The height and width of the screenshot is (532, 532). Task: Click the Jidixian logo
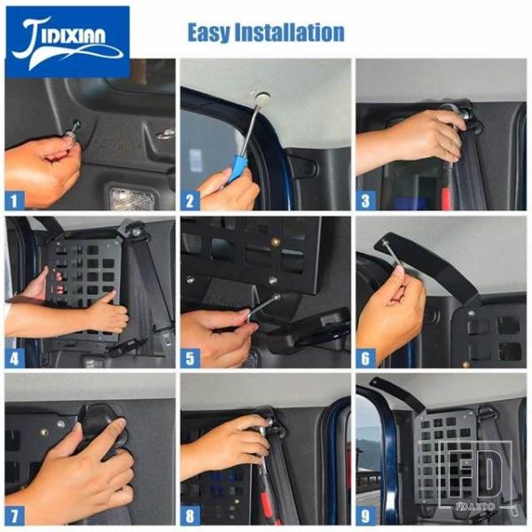(x=67, y=42)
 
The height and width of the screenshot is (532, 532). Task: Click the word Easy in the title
(x=208, y=33)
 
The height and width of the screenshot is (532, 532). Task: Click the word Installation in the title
(x=289, y=32)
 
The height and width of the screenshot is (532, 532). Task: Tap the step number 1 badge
(x=14, y=201)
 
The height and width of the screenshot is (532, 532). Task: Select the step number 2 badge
(x=190, y=201)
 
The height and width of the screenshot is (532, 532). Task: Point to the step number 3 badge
(x=365, y=201)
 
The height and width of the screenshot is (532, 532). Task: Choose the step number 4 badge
(x=14, y=358)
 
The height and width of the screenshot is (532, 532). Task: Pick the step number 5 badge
(x=190, y=358)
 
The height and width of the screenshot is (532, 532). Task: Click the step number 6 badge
(x=365, y=358)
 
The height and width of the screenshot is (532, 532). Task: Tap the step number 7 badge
(x=14, y=516)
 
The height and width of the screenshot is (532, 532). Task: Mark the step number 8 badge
(x=190, y=516)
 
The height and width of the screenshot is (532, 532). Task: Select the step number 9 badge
(x=365, y=516)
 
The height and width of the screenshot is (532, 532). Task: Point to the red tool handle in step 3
(x=444, y=198)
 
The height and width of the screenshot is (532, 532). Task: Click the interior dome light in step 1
(x=131, y=197)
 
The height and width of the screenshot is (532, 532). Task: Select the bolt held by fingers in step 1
(x=74, y=129)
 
